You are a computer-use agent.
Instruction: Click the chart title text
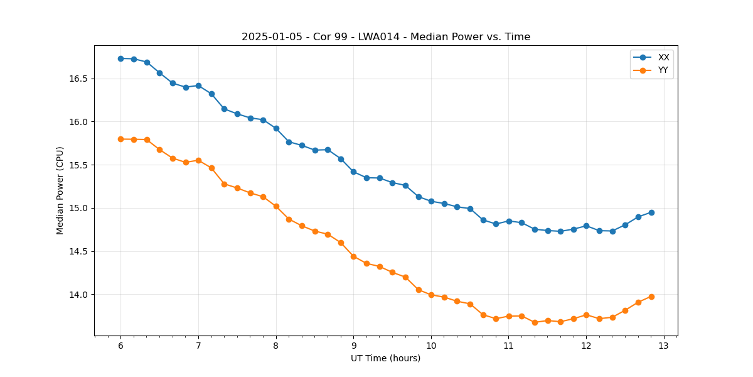click(x=386, y=37)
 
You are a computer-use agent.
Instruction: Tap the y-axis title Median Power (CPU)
click(x=60, y=190)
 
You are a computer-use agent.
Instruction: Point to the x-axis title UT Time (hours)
click(x=385, y=358)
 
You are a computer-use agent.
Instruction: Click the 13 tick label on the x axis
click(x=664, y=346)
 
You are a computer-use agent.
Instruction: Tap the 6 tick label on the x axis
click(x=120, y=346)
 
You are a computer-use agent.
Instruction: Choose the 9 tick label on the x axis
click(x=353, y=346)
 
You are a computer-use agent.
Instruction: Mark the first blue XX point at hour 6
click(x=120, y=58)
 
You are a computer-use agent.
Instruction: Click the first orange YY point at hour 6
click(x=120, y=139)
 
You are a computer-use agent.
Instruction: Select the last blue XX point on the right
click(x=651, y=212)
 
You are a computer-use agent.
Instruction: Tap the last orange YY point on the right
click(x=651, y=297)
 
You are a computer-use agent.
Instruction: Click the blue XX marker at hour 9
click(x=353, y=172)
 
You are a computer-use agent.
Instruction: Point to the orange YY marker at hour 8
click(x=276, y=206)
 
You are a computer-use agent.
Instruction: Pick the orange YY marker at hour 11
click(x=509, y=316)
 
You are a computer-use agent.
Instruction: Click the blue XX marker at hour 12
click(x=586, y=226)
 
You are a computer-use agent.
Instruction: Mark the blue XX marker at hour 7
click(x=198, y=85)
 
